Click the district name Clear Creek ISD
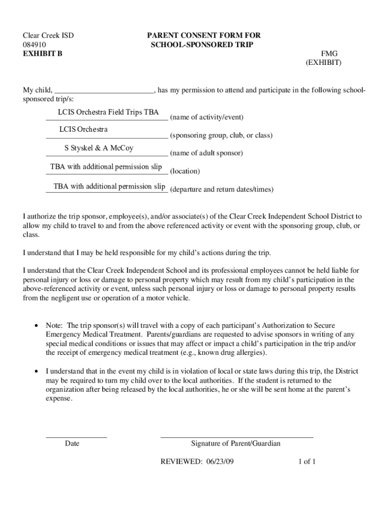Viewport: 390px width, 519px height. click(49, 35)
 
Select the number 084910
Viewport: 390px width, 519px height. click(34, 45)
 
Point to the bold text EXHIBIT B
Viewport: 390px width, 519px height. click(43, 54)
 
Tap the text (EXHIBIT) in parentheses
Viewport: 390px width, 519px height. click(323, 63)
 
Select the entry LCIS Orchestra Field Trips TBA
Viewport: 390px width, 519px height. click(108, 112)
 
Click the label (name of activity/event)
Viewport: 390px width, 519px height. click(207, 118)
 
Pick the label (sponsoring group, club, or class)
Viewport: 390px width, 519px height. click(221, 136)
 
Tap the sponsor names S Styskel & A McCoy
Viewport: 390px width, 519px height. click(99, 149)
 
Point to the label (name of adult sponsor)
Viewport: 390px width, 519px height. click(207, 153)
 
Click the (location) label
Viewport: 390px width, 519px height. click(185, 171)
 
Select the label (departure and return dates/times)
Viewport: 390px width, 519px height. click(222, 190)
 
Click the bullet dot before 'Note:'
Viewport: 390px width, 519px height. click(36, 325)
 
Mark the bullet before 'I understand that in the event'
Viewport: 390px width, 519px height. click(36, 372)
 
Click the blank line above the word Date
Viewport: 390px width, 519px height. click(76, 436)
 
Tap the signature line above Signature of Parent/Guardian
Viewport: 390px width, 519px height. click(237, 436)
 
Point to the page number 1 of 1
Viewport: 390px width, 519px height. click(307, 462)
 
